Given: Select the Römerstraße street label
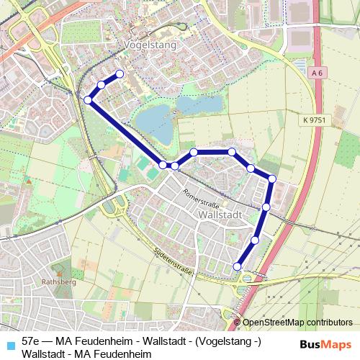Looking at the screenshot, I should click(200, 194).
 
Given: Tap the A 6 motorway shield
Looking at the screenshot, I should click(318, 73).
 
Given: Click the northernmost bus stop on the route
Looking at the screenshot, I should click(120, 74).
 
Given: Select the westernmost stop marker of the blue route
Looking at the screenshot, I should click(88, 99).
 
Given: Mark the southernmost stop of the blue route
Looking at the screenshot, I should click(238, 267).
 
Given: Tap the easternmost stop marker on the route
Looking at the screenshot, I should click(272, 179).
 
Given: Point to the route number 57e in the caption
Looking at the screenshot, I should click(31, 341).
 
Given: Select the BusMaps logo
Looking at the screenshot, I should click(326, 343).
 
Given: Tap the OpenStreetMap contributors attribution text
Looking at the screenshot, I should click(297, 323).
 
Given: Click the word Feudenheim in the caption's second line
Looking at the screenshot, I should click(125, 354).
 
